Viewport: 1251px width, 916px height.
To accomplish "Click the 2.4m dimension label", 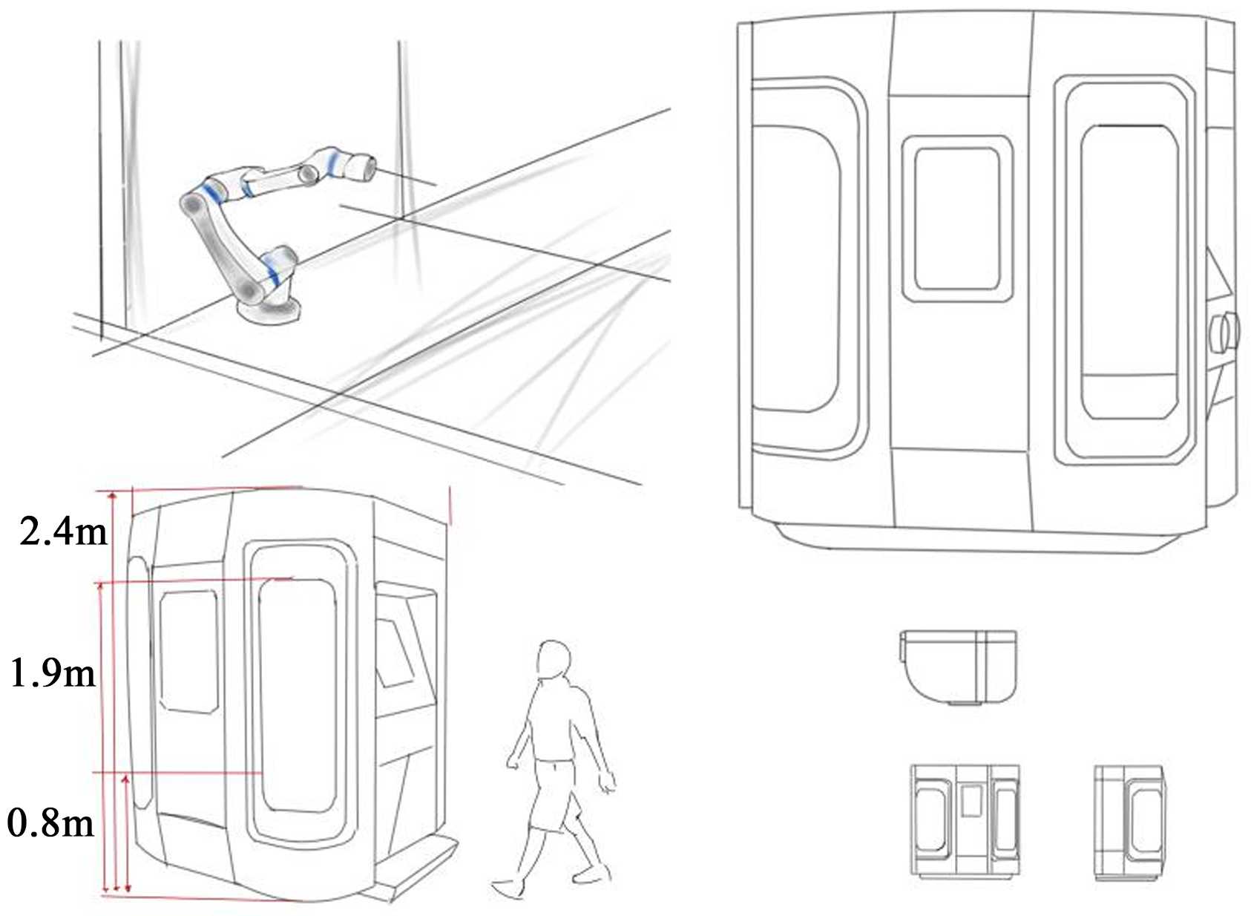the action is [x=63, y=531].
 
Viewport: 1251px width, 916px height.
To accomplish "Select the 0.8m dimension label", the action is [x=50, y=823].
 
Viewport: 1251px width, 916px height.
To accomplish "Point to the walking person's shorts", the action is [x=553, y=795].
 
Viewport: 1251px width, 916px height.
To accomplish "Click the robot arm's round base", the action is [x=269, y=310].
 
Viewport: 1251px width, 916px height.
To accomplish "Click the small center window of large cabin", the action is [x=957, y=218].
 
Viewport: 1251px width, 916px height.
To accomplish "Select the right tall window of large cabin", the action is [x=1126, y=270].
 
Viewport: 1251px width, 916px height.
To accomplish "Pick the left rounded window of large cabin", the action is [x=810, y=269].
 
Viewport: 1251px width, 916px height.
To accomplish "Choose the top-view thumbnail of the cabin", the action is [x=958, y=667].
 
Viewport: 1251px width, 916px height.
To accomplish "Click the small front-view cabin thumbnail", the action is [x=965, y=821].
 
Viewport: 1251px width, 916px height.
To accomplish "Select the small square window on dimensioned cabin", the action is [x=188, y=651].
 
